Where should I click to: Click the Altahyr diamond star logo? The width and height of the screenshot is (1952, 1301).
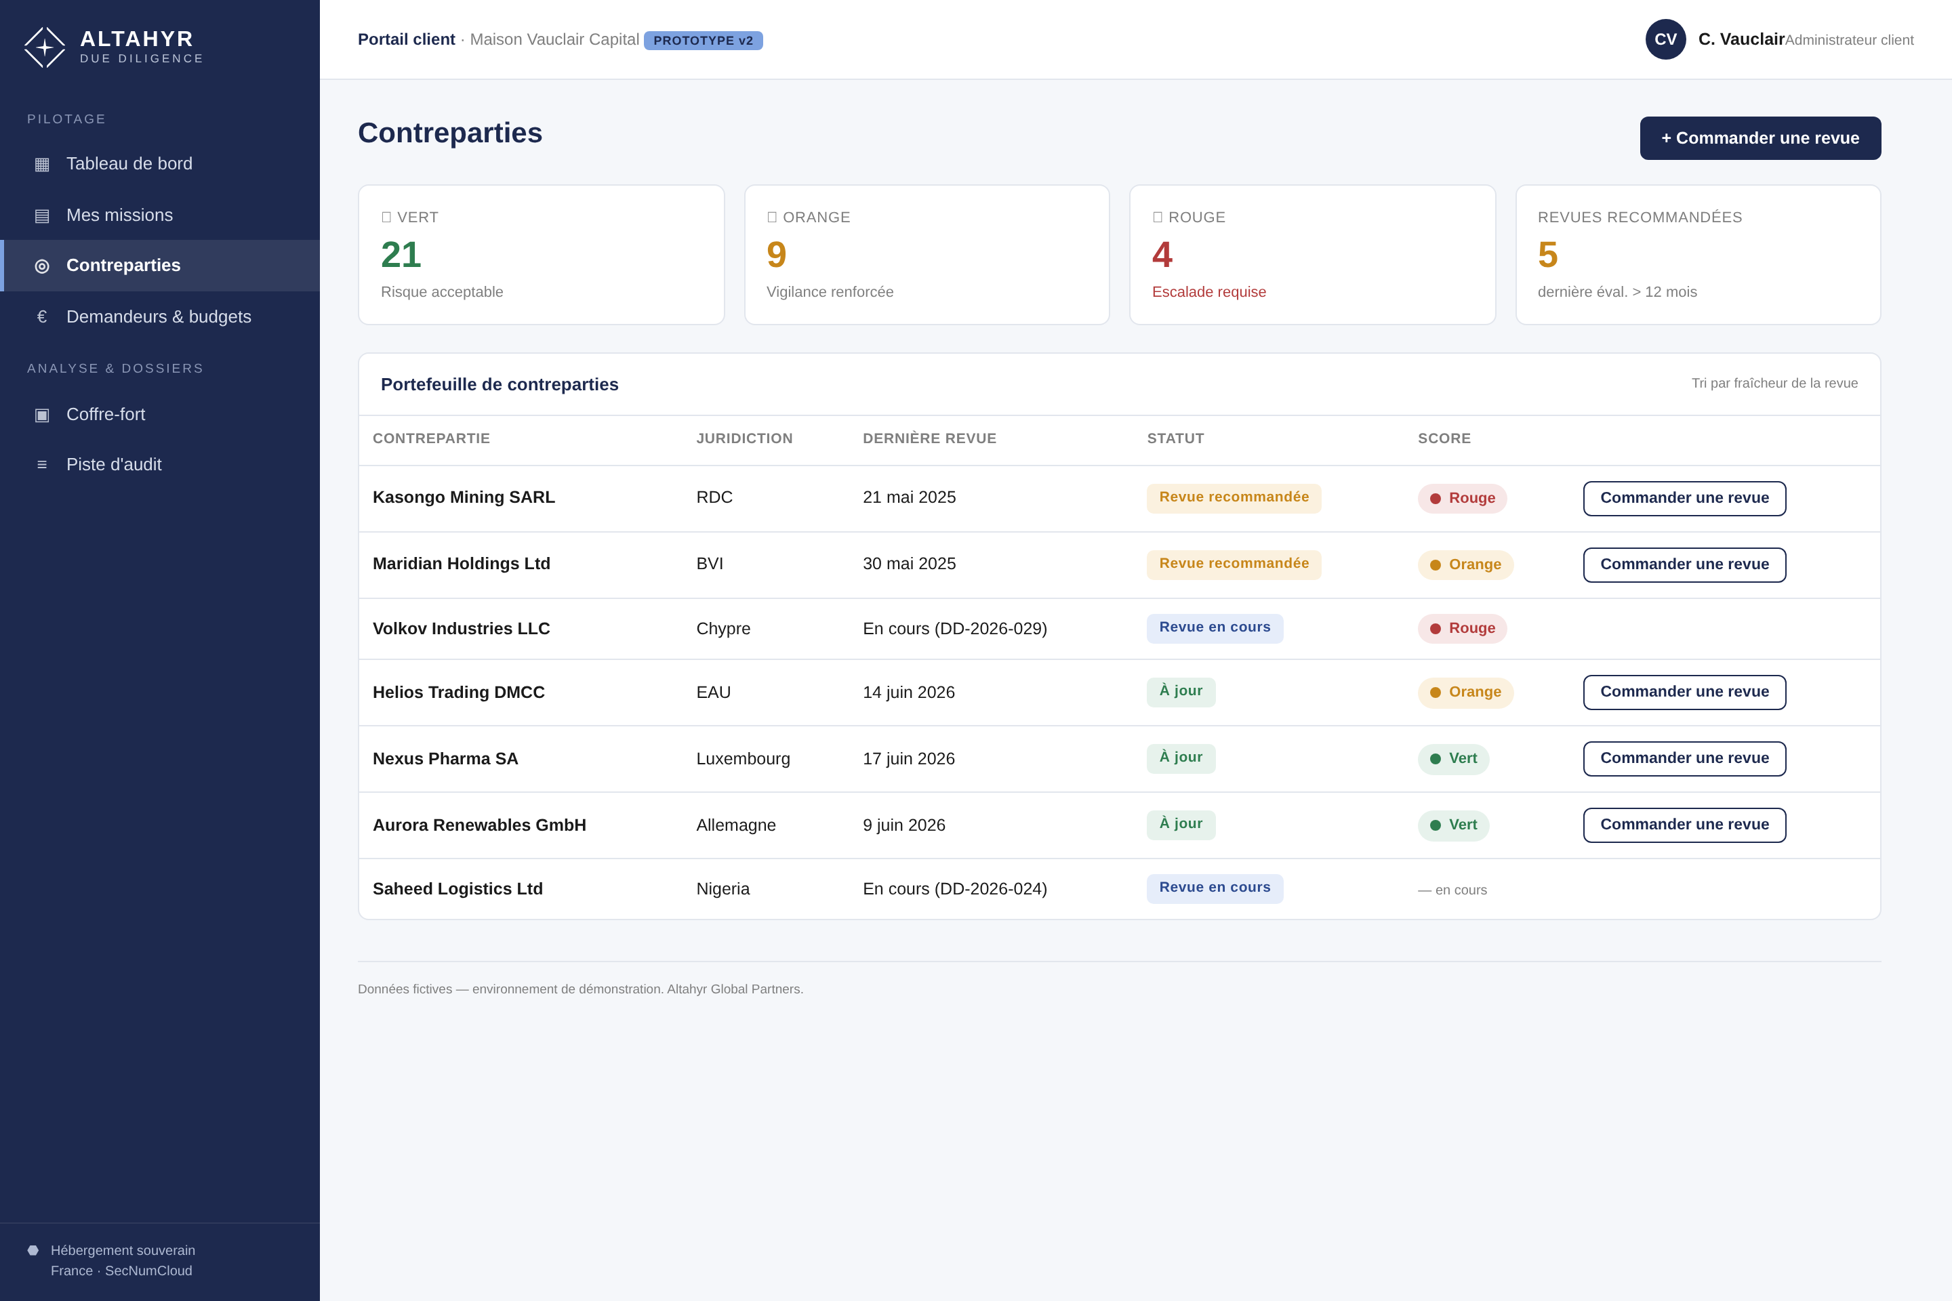45,47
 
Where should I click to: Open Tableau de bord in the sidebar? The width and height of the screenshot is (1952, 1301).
129,163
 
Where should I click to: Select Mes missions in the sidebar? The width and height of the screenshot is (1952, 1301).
119,215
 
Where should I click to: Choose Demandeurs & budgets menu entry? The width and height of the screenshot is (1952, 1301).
159,316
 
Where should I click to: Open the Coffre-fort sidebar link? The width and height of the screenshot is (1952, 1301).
106,414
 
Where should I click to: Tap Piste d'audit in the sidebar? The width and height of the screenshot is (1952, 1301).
114,465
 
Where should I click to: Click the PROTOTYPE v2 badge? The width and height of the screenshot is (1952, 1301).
703,41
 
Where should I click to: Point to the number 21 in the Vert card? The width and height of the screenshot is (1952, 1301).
401,255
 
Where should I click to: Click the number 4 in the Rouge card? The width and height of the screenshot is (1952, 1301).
1162,255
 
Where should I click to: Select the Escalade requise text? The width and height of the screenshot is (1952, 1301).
1208,292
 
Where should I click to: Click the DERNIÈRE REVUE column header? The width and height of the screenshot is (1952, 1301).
929,438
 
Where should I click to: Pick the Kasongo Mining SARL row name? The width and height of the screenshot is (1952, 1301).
463,497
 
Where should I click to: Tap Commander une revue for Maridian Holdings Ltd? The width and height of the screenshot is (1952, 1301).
1684,564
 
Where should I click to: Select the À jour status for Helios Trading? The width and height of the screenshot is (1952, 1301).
1180,691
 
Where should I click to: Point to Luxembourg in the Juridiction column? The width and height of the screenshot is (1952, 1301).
743,758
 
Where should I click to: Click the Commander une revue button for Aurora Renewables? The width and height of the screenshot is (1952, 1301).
1684,825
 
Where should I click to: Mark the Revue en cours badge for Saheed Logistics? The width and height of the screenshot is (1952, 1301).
1214,888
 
